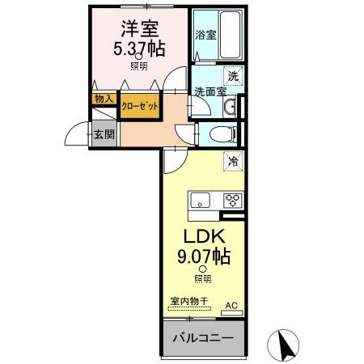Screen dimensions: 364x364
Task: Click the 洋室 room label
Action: click(138, 28)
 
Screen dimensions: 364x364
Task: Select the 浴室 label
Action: click(205, 35)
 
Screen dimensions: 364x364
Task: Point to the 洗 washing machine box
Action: click(233, 76)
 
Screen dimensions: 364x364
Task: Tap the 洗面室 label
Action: click(209, 91)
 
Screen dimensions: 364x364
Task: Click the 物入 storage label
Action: click(104, 99)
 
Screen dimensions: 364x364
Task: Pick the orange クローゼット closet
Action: click(139, 106)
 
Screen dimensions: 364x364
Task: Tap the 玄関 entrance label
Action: click(103, 133)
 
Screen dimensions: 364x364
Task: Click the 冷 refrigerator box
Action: click(232, 161)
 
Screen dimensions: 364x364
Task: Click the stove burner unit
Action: click(233, 200)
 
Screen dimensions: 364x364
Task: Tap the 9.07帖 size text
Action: click(203, 258)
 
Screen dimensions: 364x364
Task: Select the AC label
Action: click(231, 304)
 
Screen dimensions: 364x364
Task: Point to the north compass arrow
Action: click(285, 345)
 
